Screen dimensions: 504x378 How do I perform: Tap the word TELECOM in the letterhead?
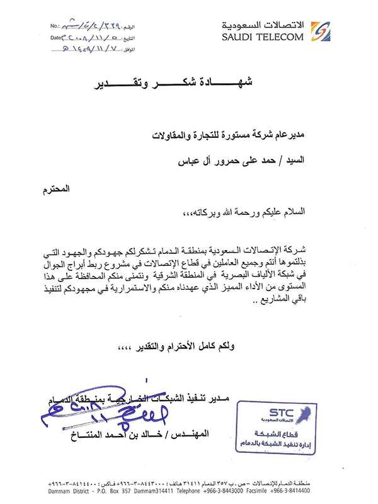[280, 37]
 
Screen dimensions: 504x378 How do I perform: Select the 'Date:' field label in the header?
[55, 37]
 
